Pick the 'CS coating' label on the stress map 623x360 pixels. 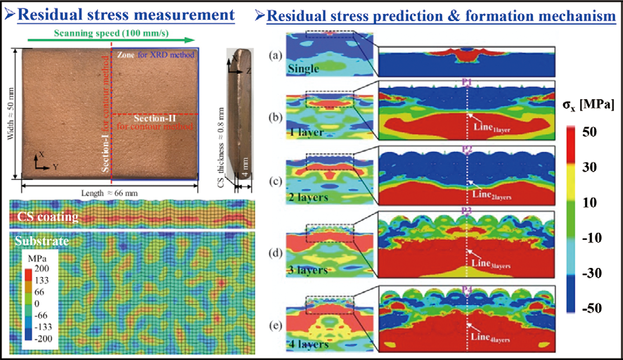(49, 217)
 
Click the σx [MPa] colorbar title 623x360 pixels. (590, 106)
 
